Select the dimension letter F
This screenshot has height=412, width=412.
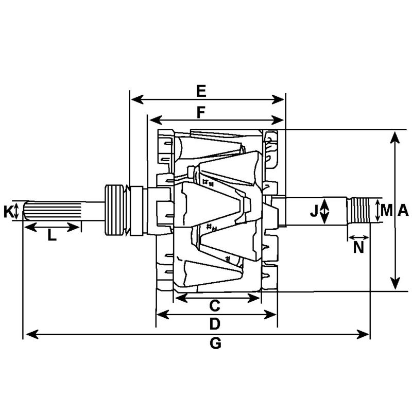pyautogui.click(x=201, y=111)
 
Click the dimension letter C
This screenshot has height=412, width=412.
pyautogui.click(x=215, y=306)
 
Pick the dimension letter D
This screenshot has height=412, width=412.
pyautogui.click(x=215, y=324)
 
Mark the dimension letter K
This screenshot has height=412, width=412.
pyautogui.click(x=8, y=211)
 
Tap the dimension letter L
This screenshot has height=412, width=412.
pyautogui.click(x=51, y=236)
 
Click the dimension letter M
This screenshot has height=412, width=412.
pyautogui.click(x=387, y=210)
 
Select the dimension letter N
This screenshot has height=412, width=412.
pyautogui.click(x=359, y=248)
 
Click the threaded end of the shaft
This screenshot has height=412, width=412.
pyautogui.click(x=359, y=210)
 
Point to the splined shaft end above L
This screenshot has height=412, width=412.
pyautogui.click(x=51, y=211)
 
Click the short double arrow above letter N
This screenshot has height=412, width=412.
pyautogui.click(x=359, y=237)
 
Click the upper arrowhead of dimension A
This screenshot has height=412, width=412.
pyautogui.click(x=395, y=135)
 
